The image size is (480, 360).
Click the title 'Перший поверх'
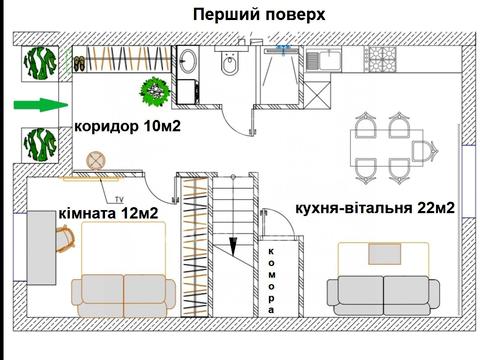[258, 14]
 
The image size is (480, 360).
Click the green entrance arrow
[38, 104]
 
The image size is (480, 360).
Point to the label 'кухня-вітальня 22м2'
[375, 209]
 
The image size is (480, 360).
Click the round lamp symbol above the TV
[96, 160]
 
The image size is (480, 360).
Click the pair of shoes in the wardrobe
[79, 64]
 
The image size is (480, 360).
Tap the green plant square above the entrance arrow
[39, 66]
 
